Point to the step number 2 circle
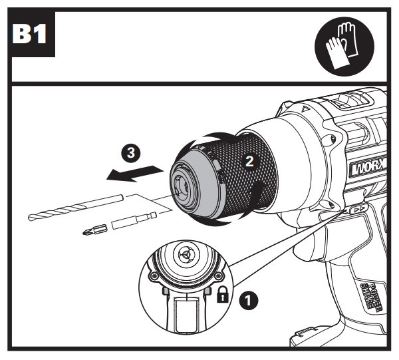[x=249, y=160]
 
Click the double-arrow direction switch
[x=358, y=210]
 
